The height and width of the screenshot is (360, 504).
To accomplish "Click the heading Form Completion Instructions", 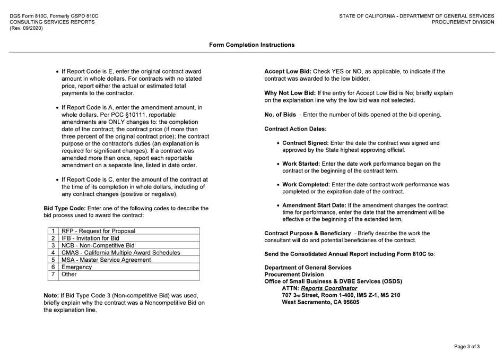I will point(252,45).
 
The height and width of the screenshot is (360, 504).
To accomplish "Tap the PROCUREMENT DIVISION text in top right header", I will point(462,23).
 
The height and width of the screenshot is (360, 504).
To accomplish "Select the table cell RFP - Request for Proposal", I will point(98,231).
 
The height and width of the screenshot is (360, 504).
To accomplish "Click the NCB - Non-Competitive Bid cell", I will point(98,246).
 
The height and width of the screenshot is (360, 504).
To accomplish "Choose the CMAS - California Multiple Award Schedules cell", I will point(120,253).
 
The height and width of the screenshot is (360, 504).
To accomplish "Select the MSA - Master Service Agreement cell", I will point(106,260).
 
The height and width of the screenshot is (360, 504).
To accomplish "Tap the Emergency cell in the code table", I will point(77,268).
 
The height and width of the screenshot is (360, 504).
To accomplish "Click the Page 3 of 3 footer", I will point(467,347).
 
